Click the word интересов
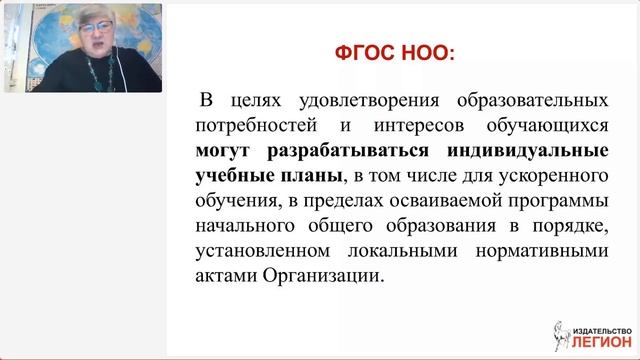pos(408,128)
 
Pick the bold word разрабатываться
pos(350,152)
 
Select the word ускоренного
pos(553,177)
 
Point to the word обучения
pos(236,201)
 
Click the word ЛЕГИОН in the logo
pos(598,340)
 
